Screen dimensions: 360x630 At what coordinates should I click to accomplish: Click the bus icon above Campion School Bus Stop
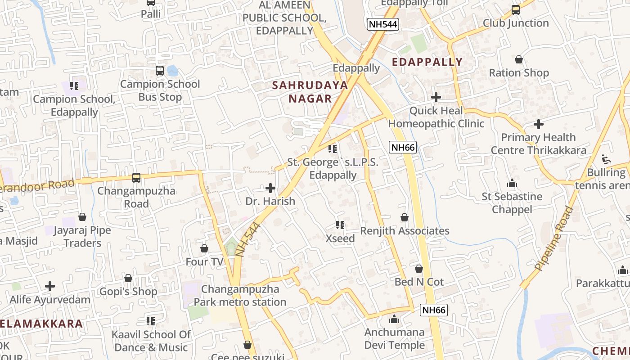(160, 71)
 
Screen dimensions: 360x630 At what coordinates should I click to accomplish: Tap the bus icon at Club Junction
(516, 10)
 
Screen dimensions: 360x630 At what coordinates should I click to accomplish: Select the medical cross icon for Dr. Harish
(270, 188)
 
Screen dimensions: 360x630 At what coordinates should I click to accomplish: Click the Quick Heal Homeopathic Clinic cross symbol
(436, 97)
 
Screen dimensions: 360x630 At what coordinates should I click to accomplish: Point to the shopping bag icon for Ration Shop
(519, 59)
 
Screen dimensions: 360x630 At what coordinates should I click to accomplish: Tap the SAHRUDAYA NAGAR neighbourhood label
(310, 92)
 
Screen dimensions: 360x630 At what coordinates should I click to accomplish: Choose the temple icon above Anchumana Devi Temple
(395, 319)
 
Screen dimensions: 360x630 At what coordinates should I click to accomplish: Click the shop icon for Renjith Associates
(405, 218)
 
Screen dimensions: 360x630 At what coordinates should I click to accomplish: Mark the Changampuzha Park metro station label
(240, 296)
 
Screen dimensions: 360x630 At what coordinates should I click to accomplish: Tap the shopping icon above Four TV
(204, 248)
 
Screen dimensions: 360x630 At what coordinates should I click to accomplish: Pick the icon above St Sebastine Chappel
(512, 184)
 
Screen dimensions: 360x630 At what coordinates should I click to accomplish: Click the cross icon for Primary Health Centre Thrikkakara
(539, 124)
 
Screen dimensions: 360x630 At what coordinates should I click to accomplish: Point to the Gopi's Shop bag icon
(128, 279)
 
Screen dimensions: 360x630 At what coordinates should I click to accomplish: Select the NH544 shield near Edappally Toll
(382, 24)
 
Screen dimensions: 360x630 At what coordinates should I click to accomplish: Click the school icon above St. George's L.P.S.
(333, 149)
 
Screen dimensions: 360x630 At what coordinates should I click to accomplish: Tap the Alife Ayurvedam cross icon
(50, 286)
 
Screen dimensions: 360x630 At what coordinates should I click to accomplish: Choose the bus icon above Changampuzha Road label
(136, 178)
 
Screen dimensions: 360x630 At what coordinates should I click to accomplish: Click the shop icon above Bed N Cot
(419, 269)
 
